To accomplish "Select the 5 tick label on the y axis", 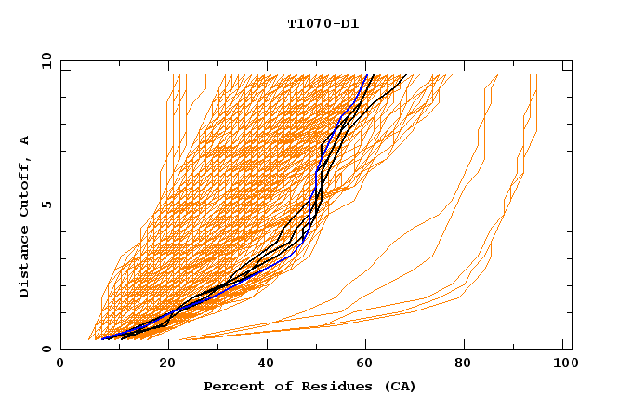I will click(46, 204).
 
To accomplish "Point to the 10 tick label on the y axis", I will click(43, 60).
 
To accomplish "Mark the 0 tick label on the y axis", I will click(46, 349).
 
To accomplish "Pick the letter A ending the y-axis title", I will click(24, 139).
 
